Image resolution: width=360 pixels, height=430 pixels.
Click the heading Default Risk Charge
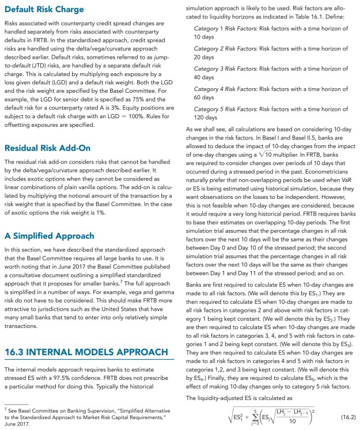(44, 10)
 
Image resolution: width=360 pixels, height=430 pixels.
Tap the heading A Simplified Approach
(49, 236)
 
